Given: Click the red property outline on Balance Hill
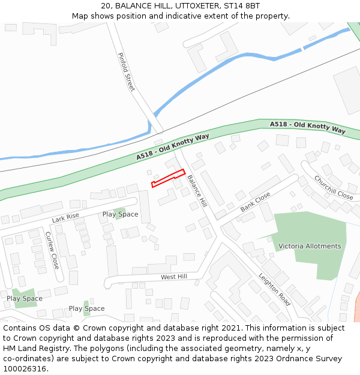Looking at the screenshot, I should [167, 178].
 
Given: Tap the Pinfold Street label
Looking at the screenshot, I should [126, 72].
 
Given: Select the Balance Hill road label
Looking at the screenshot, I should [196, 191].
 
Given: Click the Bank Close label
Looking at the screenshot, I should [256, 202].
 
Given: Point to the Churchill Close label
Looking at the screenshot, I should [334, 187].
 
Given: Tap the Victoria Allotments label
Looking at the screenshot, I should [310, 246].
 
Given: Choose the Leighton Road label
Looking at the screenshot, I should [275, 290].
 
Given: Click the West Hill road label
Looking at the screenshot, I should [174, 277].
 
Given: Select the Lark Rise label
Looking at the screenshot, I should [65, 218].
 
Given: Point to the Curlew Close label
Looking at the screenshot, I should [52, 250].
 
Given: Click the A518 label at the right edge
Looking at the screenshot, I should [308, 127].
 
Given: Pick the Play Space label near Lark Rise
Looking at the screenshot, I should [120, 214].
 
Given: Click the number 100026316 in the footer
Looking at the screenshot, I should [24, 368].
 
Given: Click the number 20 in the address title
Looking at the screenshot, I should [106, 5].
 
